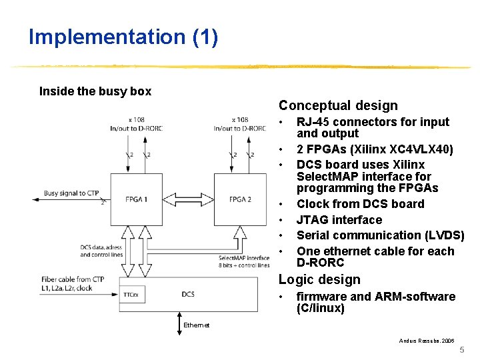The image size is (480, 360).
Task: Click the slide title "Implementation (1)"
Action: [x=123, y=37]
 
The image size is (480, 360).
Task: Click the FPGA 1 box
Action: [x=136, y=199]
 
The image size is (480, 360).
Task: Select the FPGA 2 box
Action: [x=239, y=199]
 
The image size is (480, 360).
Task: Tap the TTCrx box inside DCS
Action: [x=131, y=294]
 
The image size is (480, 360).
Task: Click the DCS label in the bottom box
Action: [x=188, y=294]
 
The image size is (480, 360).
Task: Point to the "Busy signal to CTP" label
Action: [x=71, y=193]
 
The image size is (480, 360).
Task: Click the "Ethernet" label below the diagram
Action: [x=196, y=325]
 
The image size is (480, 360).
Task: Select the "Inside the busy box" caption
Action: [x=95, y=91]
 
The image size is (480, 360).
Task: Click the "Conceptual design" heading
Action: [x=338, y=105]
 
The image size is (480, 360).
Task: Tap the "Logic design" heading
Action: [x=319, y=280]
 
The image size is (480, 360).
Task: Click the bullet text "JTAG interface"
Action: [x=339, y=220]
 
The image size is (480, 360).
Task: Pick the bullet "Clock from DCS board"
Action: [x=360, y=204]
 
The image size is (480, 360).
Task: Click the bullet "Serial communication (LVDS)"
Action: [x=380, y=235]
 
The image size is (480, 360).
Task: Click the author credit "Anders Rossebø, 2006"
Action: [x=427, y=341]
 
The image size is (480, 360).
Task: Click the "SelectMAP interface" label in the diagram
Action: [x=244, y=258]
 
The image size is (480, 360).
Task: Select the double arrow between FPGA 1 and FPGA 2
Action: [x=188, y=199]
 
